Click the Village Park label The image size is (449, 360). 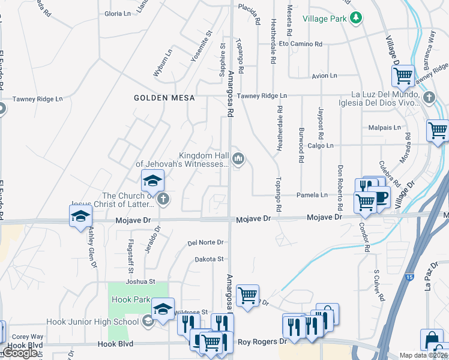click(325, 19)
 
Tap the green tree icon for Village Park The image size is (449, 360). click(356, 18)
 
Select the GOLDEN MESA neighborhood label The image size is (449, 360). click(158, 98)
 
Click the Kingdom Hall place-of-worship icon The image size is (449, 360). click(239, 159)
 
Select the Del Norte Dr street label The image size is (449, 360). click(205, 243)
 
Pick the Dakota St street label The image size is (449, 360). click(209, 259)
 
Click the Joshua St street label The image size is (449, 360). click(140, 281)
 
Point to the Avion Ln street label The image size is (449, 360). click(325, 76)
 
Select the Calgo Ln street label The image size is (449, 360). click(321, 146)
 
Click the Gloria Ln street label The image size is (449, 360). click(117, 13)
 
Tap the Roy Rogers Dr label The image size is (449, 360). click(263, 342)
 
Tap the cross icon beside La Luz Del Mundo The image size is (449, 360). click(429, 97)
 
